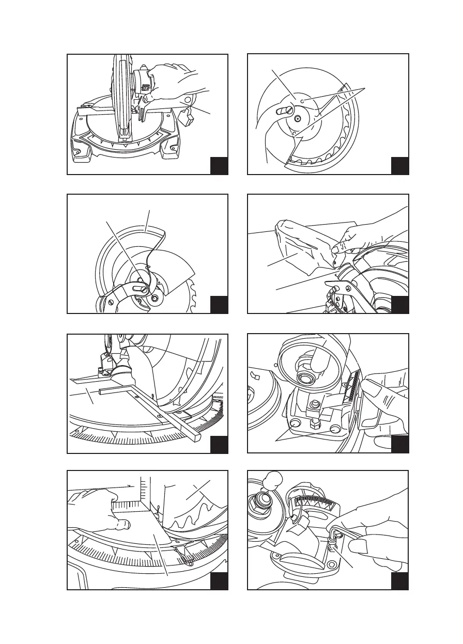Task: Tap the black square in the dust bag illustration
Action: tap(399, 305)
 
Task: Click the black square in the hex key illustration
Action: tap(399, 581)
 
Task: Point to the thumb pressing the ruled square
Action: tap(122, 524)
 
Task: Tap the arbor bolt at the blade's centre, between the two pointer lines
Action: tap(298, 118)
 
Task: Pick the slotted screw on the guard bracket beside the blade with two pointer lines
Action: tap(283, 110)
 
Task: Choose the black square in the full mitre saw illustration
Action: tap(219, 166)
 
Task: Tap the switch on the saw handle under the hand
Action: tap(146, 87)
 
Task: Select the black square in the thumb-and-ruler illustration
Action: tap(219, 581)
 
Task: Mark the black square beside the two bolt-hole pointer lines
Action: tap(399, 445)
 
